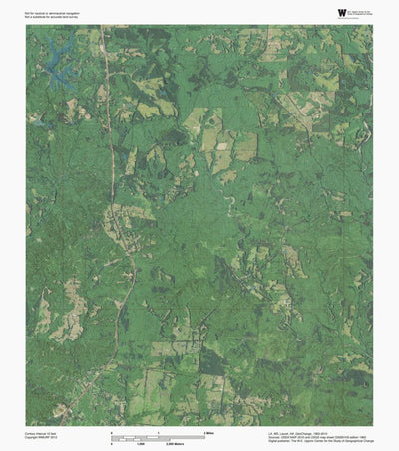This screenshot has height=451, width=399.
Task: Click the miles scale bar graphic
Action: [160, 436]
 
